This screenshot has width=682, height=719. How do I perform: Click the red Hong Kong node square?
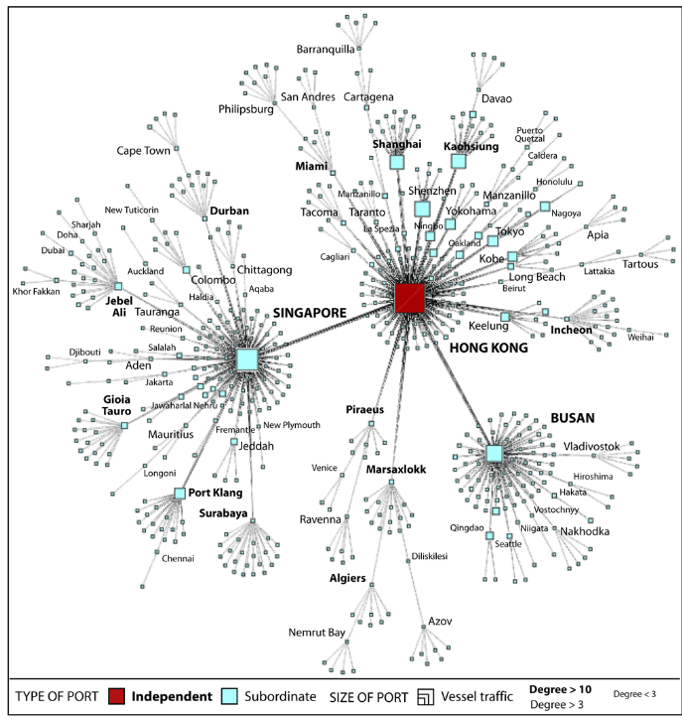point(410,298)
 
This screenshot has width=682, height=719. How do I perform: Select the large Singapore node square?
point(246,359)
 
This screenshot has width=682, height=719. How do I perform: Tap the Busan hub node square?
point(494,454)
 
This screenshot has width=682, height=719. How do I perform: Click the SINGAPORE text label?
point(304,312)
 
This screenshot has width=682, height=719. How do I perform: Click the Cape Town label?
point(144,151)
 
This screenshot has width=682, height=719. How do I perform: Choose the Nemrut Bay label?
point(317,632)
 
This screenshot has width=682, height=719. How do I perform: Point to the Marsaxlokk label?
point(395,468)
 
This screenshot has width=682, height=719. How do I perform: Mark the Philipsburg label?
point(245,109)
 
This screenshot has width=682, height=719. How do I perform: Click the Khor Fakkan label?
point(34,291)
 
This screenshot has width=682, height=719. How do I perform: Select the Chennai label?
point(180,558)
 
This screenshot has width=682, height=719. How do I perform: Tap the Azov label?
point(440,621)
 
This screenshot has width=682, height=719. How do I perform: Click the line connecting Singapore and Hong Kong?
point(328,329)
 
